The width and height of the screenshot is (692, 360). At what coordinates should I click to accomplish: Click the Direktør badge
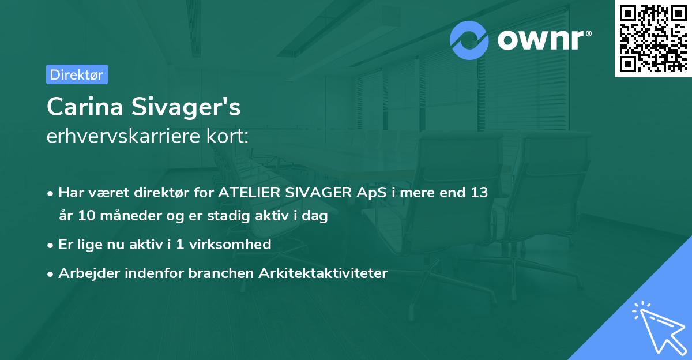click(77, 74)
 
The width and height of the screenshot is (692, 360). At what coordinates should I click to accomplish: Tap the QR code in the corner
click(652, 38)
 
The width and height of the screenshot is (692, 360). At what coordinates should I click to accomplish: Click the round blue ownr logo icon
click(469, 40)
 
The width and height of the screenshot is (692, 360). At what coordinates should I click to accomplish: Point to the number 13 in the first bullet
click(479, 192)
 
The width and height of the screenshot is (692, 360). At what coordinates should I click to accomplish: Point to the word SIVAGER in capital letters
click(314, 192)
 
